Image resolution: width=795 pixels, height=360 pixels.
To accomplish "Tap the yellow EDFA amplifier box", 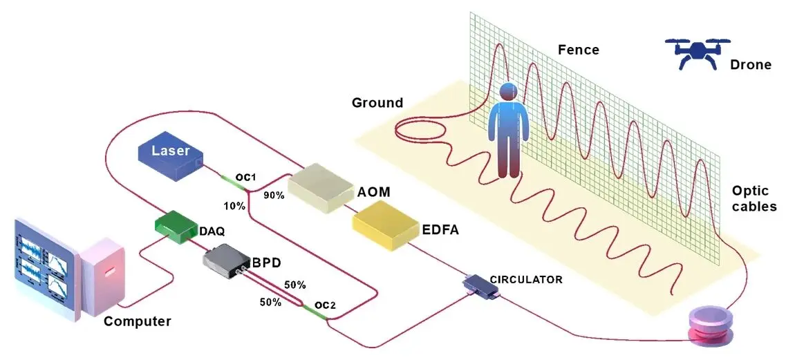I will [x=386, y=229].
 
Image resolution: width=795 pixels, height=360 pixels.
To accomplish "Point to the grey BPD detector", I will [x=226, y=263].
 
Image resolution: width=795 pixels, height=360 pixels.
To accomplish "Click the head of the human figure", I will [x=508, y=92].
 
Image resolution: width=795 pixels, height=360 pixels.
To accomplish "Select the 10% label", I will [x=234, y=205].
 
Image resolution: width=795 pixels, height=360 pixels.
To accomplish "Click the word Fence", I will [x=579, y=50].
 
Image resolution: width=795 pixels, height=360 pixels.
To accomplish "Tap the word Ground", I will [x=377, y=103].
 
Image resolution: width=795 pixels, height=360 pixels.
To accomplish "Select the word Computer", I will [x=137, y=321].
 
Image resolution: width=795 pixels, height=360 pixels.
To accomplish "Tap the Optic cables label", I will [x=754, y=198].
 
